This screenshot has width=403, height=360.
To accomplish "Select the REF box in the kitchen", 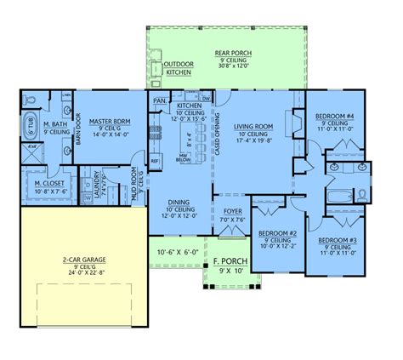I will tap(155, 159).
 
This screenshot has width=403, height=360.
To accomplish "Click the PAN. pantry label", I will tap(158, 100).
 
